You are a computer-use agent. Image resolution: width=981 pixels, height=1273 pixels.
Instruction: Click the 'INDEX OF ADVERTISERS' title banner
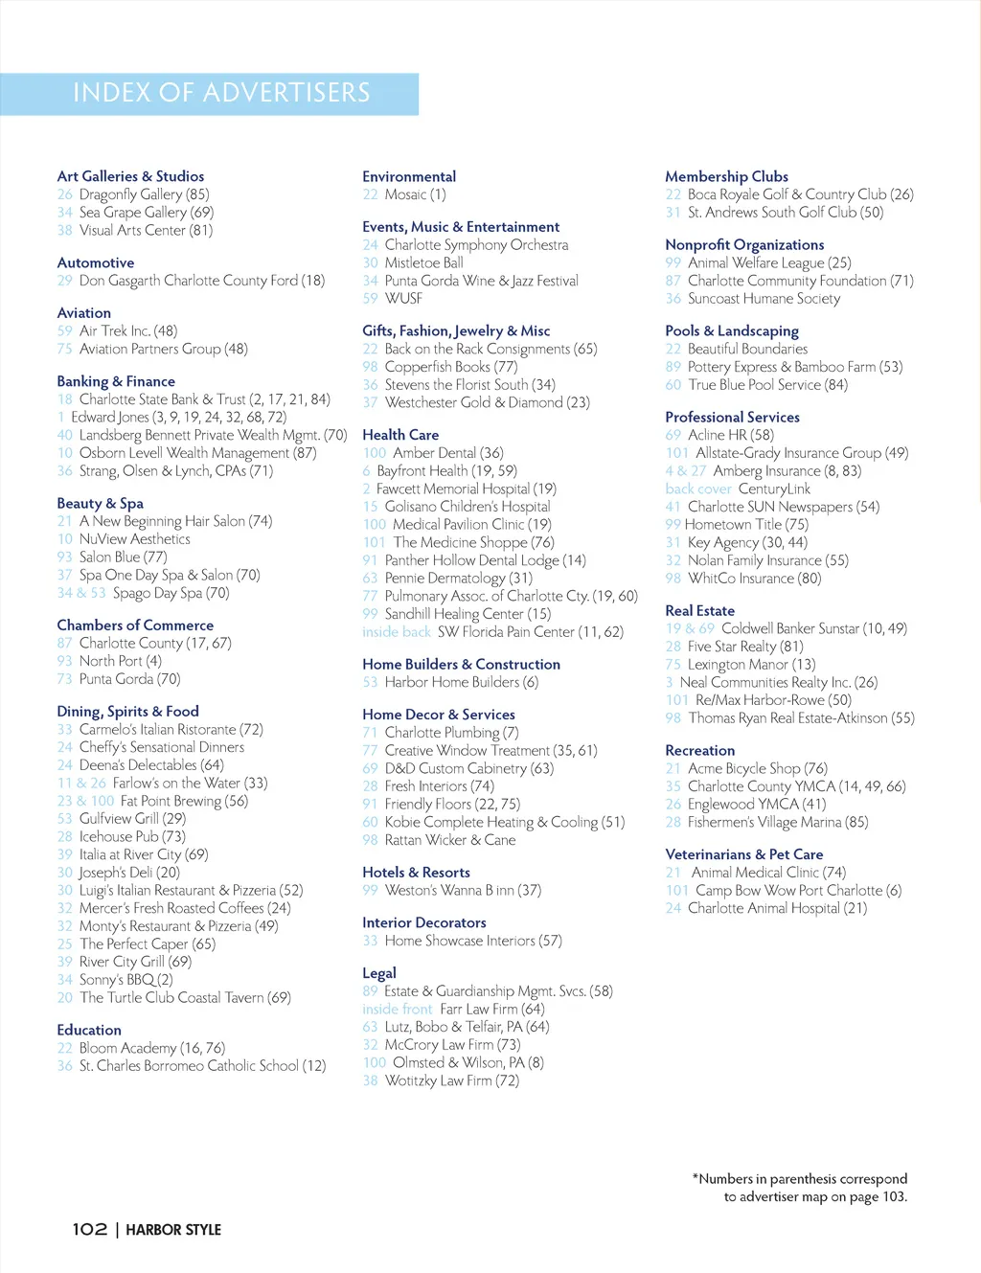221,93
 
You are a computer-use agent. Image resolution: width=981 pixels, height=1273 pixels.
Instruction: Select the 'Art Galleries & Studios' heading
130,176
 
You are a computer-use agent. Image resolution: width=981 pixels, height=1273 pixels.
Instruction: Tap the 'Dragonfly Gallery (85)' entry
144,194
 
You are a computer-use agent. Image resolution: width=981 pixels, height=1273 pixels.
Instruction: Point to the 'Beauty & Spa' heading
100,503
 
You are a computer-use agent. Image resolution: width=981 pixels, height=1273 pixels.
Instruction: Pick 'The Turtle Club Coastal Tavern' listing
185,997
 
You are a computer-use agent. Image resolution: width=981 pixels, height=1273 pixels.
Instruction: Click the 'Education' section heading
89,1030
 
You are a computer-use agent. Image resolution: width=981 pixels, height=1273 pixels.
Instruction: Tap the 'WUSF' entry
403,298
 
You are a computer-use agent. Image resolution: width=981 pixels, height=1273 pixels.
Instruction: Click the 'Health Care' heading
400,435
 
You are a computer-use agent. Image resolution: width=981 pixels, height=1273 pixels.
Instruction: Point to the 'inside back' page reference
397,632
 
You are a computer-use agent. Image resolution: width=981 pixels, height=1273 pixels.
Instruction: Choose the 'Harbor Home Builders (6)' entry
461,682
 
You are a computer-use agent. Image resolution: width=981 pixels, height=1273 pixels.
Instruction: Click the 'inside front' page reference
398,1009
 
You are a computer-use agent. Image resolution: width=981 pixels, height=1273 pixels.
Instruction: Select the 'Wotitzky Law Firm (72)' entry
451,1080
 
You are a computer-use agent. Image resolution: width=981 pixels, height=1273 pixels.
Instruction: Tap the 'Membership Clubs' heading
726,176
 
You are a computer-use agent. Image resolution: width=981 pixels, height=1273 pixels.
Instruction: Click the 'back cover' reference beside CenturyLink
698,489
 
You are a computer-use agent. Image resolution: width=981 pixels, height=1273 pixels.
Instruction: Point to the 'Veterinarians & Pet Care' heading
743,854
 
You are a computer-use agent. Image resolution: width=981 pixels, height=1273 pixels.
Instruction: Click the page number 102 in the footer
89,1229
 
